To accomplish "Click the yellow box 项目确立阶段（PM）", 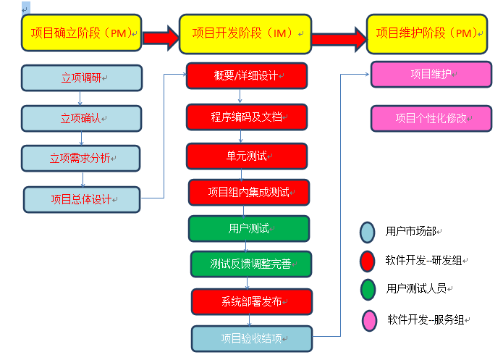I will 81,33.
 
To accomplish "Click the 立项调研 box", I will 80,78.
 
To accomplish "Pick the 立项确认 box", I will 80,117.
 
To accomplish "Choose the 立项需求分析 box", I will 80,158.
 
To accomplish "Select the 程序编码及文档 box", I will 247,117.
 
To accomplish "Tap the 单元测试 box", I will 247,156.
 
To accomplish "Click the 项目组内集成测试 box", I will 249,192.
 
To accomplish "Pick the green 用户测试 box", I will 249,228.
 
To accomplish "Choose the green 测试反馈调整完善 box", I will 251,264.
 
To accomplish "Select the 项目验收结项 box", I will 252,338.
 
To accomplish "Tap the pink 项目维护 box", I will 431,74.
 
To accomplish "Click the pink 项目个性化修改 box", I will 431,118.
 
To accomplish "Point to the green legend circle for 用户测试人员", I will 368,288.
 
